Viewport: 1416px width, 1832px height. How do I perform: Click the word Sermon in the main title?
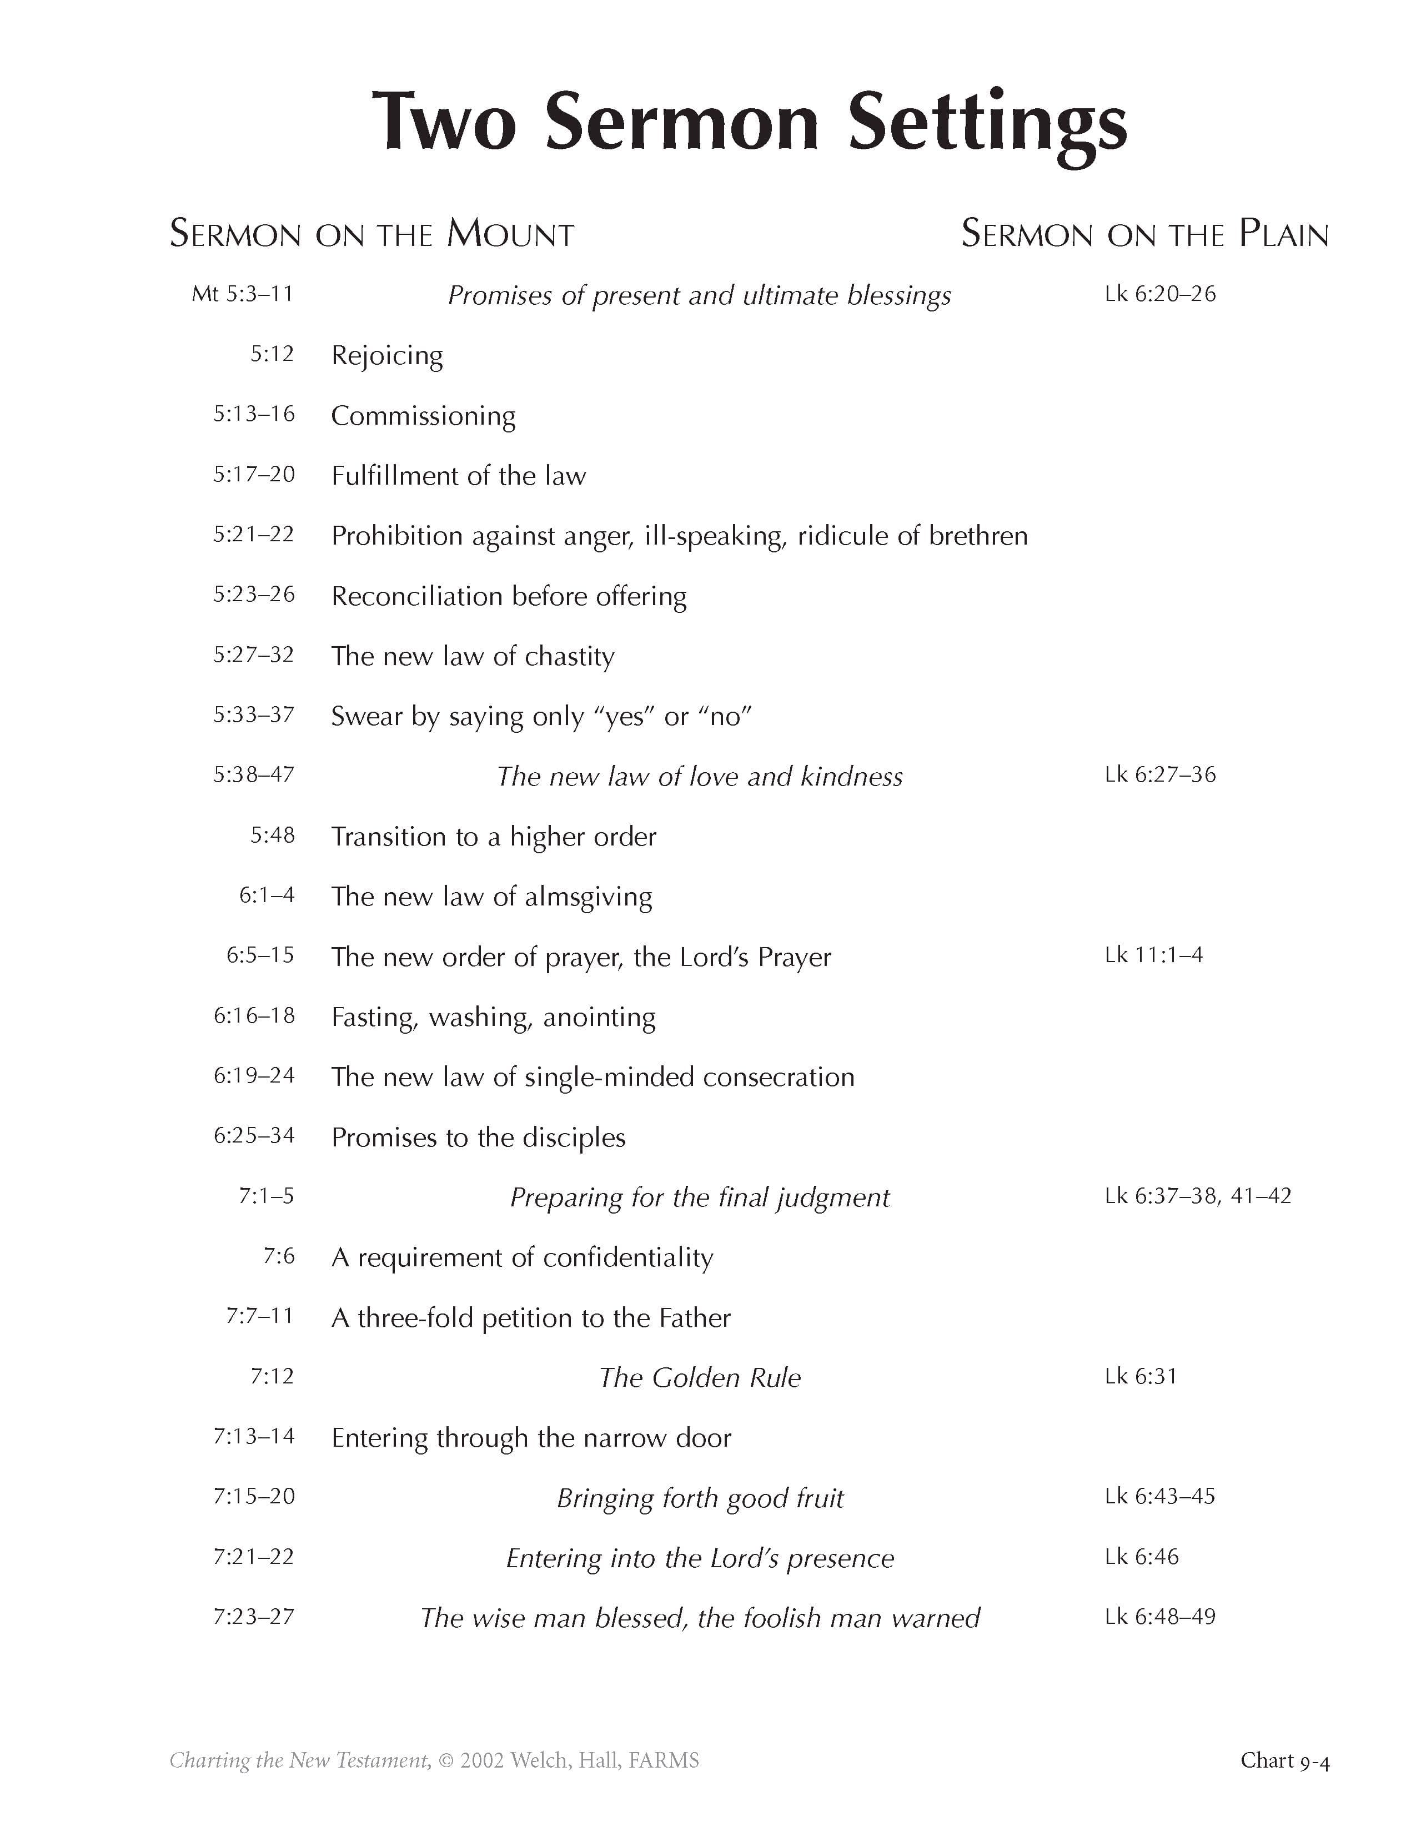click(680, 123)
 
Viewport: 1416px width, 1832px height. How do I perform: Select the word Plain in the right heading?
click(1283, 234)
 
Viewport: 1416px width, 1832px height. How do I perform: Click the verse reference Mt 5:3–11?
click(243, 294)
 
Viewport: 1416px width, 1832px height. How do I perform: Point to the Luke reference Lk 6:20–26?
click(1160, 294)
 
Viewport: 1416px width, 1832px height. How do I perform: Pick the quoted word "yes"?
click(625, 716)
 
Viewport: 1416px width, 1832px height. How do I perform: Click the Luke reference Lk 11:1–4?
click(1153, 955)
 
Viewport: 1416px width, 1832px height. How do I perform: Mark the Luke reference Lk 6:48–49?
click(1159, 1617)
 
